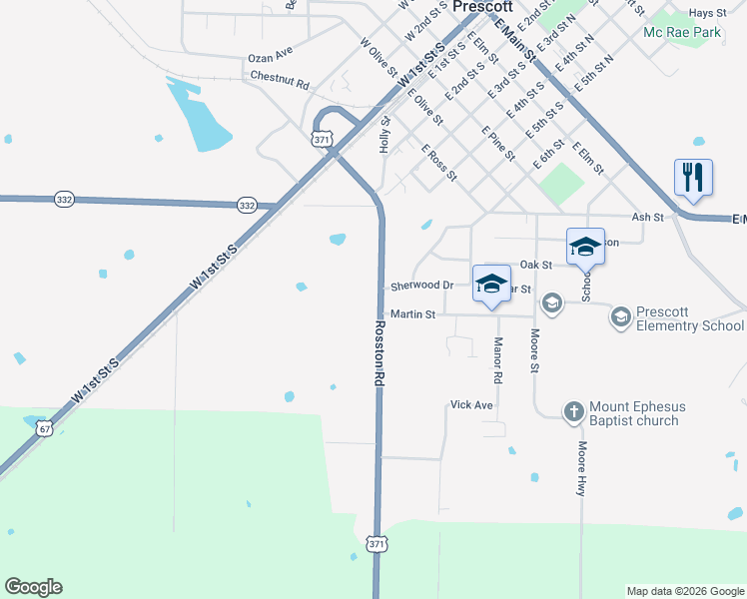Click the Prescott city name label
pyautogui.click(x=482, y=6)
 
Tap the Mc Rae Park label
pyautogui.click(x=681, y=33)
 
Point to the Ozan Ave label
pyautogui.click(x=270, y=51)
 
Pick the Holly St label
pyautogui.click(x=384, y=135)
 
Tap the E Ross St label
pyautogui.click(x=438, y=163)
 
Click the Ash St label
pyautogui.click(x=647, y=217)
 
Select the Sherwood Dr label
pyautogui.click(x=421, y=286)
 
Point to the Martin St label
pyautogui.click(x=412, y=314)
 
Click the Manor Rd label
pyautogui.click(x=497, y=360)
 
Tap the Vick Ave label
pyautogui.click(x=471, y=405)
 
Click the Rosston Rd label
pyautogui.click(x=379, y=353)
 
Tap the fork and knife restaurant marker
pyautogui.click(x=693, y=177)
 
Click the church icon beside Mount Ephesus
pyautogui.click(x=573, y=410)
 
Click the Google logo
pyautogui.click(x=33, y=587)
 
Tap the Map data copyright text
pyautogui.click(x=685, y=591)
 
